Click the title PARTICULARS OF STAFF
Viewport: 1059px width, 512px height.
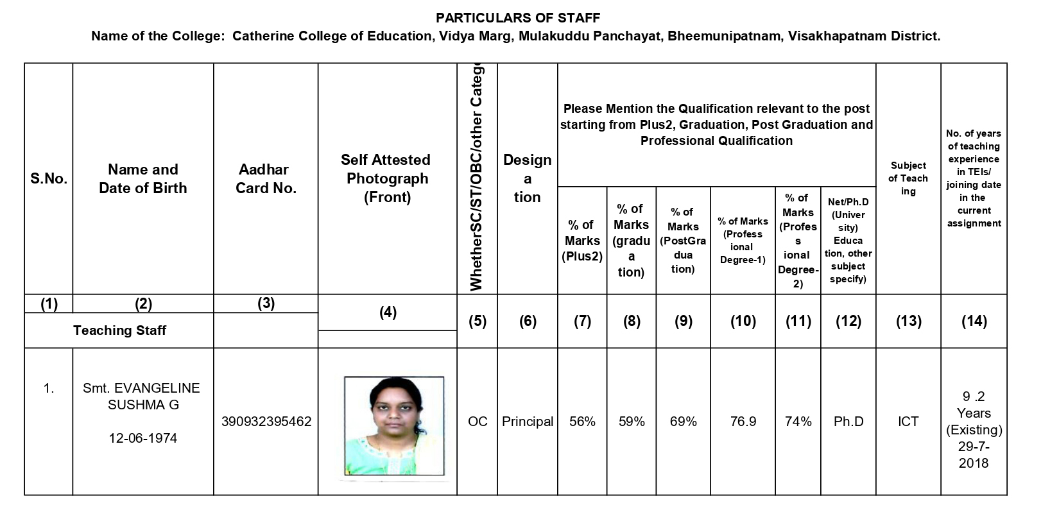[518, 17]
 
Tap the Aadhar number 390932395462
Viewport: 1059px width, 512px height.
[266, 422]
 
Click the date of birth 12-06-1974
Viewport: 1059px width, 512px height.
[142, 438]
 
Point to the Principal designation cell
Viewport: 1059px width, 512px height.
[528, 422]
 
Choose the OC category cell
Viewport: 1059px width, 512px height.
[478, 422]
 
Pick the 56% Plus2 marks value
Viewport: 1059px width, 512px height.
[582, 422]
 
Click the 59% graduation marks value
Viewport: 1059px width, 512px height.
[632, 422]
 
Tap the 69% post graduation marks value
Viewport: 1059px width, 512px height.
[684, 422]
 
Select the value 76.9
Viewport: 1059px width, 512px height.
[743, 422]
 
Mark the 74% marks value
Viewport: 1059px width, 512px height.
[798, 422]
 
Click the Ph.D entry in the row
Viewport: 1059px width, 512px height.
[848, 422]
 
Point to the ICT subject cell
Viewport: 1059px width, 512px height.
[908, 422]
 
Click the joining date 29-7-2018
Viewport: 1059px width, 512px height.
[974, 455]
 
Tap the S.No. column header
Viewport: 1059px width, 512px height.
[49, 179]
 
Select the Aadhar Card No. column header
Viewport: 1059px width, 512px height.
[266, 179]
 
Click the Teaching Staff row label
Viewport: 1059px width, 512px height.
[119, 330]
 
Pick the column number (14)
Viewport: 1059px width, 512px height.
[974, 321]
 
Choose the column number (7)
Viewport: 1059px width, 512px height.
[582, 321]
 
